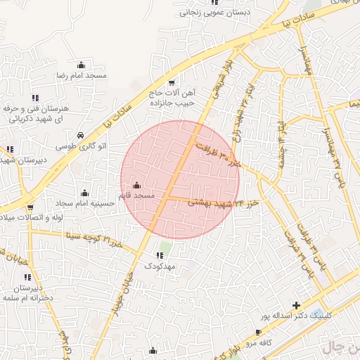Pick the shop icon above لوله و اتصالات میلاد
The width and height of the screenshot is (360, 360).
pos(30,207)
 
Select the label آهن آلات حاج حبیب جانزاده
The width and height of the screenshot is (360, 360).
pos(172,98)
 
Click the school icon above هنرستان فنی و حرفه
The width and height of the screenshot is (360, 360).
pos(35,98)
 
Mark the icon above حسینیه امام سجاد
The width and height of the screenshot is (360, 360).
pos(85,192)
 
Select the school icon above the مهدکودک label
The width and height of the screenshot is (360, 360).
pos(168,255)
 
